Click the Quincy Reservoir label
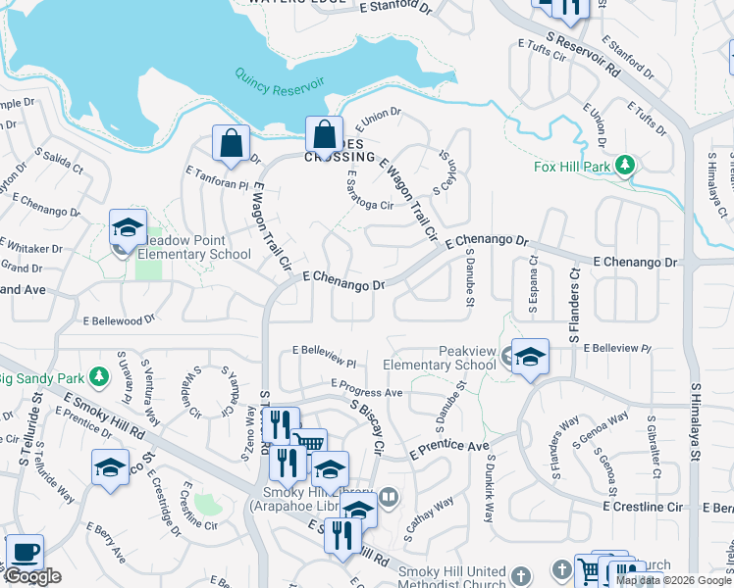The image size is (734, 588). click(280, 79)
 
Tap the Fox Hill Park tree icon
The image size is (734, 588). click(623, 166)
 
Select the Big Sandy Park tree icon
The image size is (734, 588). click(98, 376)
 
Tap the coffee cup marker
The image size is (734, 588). click(24, 552)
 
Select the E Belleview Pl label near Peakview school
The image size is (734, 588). click(617, 348)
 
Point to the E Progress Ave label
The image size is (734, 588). click(367, 388)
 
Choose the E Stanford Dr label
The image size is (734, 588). click(396, 9)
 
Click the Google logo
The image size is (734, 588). click(33, 576)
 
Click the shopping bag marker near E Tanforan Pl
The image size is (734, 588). click(231, 143)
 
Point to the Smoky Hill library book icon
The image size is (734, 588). click(389, 498)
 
